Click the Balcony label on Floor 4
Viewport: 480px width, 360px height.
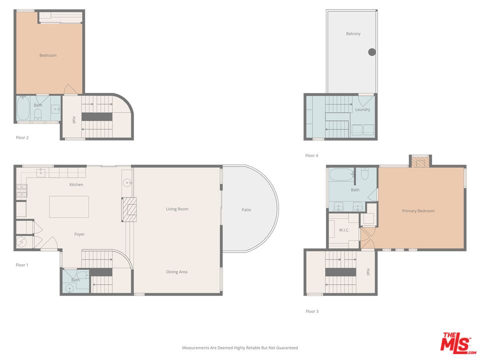click(353, 34)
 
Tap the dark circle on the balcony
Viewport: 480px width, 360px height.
click(372, 52)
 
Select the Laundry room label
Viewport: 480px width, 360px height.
click(362, 109)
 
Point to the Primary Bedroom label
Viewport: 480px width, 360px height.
click(418, 211)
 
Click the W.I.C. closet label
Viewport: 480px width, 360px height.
click(343, 230)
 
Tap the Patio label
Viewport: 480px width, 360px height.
click(246, 210)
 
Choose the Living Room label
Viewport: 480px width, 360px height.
click(177, 209)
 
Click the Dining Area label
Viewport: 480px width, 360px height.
click(176, 272)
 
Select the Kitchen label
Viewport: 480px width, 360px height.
click(76, 185)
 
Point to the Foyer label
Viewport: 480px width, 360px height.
click(79, 234)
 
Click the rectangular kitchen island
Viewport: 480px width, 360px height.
click(69, 206)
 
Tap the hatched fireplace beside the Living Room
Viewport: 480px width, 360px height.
click(129, 209)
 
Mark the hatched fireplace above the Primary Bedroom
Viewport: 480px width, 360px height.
click(420, 162)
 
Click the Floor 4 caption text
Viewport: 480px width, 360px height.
click(311, 156)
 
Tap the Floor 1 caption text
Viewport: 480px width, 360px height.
click(22, 265)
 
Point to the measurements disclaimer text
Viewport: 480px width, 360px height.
click(239, 347)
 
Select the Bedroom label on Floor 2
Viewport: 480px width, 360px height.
click(48, 55)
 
